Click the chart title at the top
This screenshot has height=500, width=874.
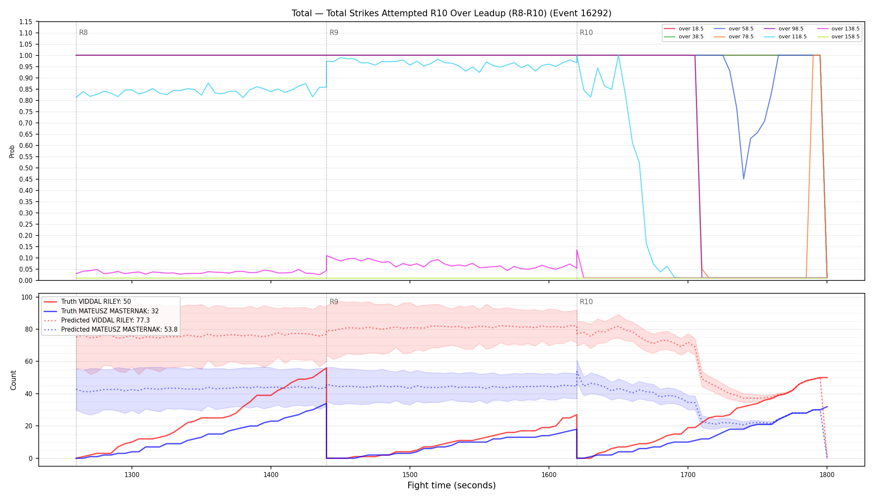pyautogui.click(x=452, y=13)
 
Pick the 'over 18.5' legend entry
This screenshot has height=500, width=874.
pyautogui.click(x=684, y=29)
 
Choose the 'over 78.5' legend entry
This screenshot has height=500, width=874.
pyautogui.click(x=734, y=37)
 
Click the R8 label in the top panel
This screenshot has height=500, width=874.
pyautogui.click(x=83, y=32)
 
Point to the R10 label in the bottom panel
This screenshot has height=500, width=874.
pyautogui.click(x=586, y=302)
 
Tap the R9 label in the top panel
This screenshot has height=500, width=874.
pyautogui.click(x=334, y=32)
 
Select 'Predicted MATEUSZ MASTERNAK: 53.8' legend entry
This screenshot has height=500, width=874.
pyautogui.click(x=110, y=330)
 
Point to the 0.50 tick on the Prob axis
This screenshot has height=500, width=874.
pyautogui.click(x=26, y=168)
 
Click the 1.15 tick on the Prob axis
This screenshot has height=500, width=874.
pyautogui.click(x=26, y=22)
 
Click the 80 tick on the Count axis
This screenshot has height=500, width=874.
pyautogui.click(x=29, y=329)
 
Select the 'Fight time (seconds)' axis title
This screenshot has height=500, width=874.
pyautogui.click(x=452, y=485)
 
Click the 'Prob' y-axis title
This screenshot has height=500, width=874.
pyautogui.click(x=12, y=151)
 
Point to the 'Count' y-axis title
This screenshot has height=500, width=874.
pyautogui.click(x=13, y=380)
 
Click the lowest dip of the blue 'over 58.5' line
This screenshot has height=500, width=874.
pyautogui.click(x=744, y=179)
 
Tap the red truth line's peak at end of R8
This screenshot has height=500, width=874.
pyautogui.click(x=326, y=368)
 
